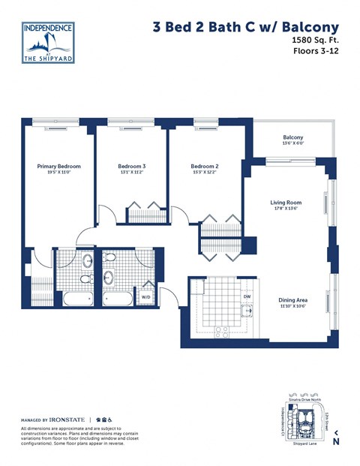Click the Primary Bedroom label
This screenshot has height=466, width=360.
point(59,166)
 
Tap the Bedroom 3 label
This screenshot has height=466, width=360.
point(132,166)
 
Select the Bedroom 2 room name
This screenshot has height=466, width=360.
point(204,166)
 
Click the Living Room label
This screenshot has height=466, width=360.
point(286,202)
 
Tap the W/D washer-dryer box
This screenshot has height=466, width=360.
point(147,297)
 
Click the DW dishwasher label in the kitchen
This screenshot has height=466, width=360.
point(246,296)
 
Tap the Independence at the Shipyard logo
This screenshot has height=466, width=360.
point(49,43)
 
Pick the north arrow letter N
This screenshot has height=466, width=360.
point(336,441)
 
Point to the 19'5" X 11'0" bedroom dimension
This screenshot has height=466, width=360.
point(59,173)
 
